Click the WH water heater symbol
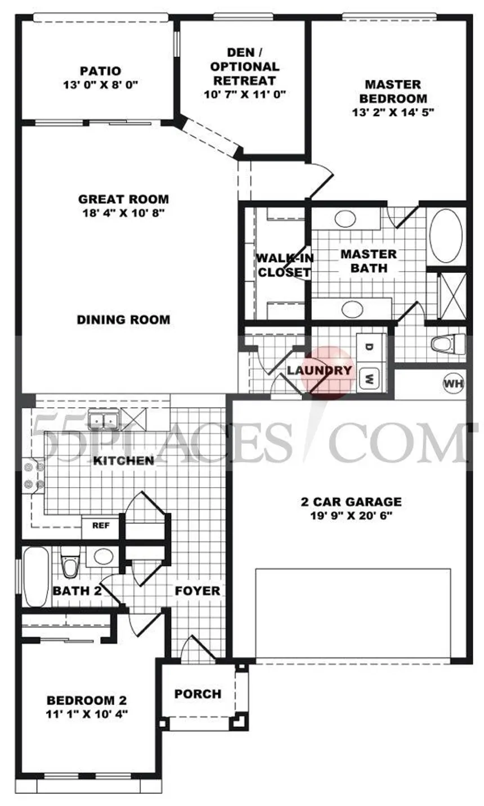click(x=454, y=384)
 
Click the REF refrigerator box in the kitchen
click(x=100, y=526)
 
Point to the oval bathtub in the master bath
click(x=446, y=236)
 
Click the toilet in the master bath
click(x=447, y=343)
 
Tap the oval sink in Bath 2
click(x=103, y=556)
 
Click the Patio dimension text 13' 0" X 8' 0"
click(x=101, y=85)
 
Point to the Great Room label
click(x=123, y=199)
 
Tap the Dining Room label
click(x=123, y=319)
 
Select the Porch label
click(x=198, y=694)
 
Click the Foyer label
click(x=197, y=591)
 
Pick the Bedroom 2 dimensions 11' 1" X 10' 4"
click(x=86, y=714)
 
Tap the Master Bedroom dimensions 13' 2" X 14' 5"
click(x=392, y=111)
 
